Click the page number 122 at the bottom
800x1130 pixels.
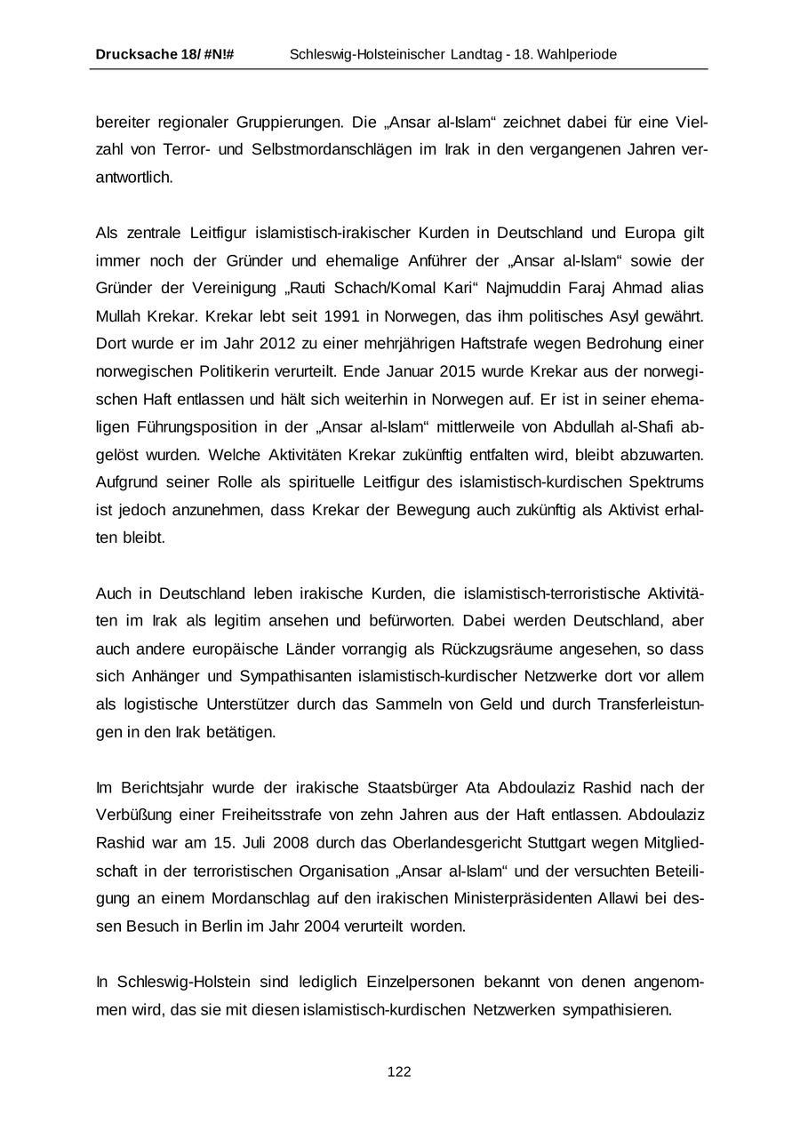click(x=399, y=1072)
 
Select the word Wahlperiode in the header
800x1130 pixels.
click(x=579, y=55)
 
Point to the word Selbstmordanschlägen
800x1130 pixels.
click(x=329, y=149)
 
